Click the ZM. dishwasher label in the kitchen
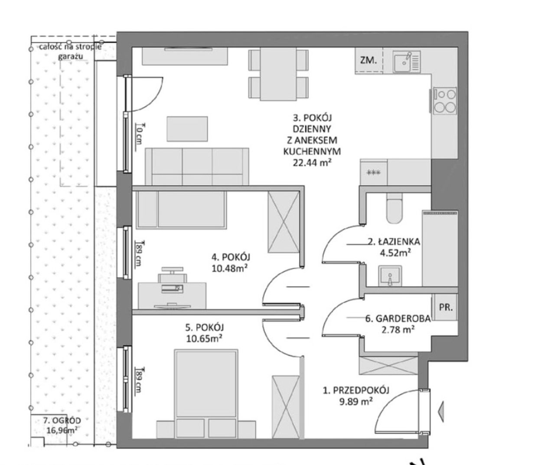coord(369,61)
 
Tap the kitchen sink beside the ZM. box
coord(407,62)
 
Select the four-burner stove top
coord(445,101)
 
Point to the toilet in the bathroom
coord(395,208)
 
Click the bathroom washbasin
coord(390,276)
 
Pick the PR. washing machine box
coord(445,307)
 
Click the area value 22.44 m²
coord(312,162)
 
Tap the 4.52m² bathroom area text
coord(395,253)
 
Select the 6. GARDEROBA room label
coord(398,318)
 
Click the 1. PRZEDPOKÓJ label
coord(356,391)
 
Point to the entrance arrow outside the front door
coord(440,412)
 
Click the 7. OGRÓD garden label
coord(62,421)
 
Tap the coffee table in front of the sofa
coord(187,129)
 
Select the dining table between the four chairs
coord(278,74)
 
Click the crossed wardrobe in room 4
coord(284,222)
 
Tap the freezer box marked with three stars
coord(373,172)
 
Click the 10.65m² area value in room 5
coord(204,339)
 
